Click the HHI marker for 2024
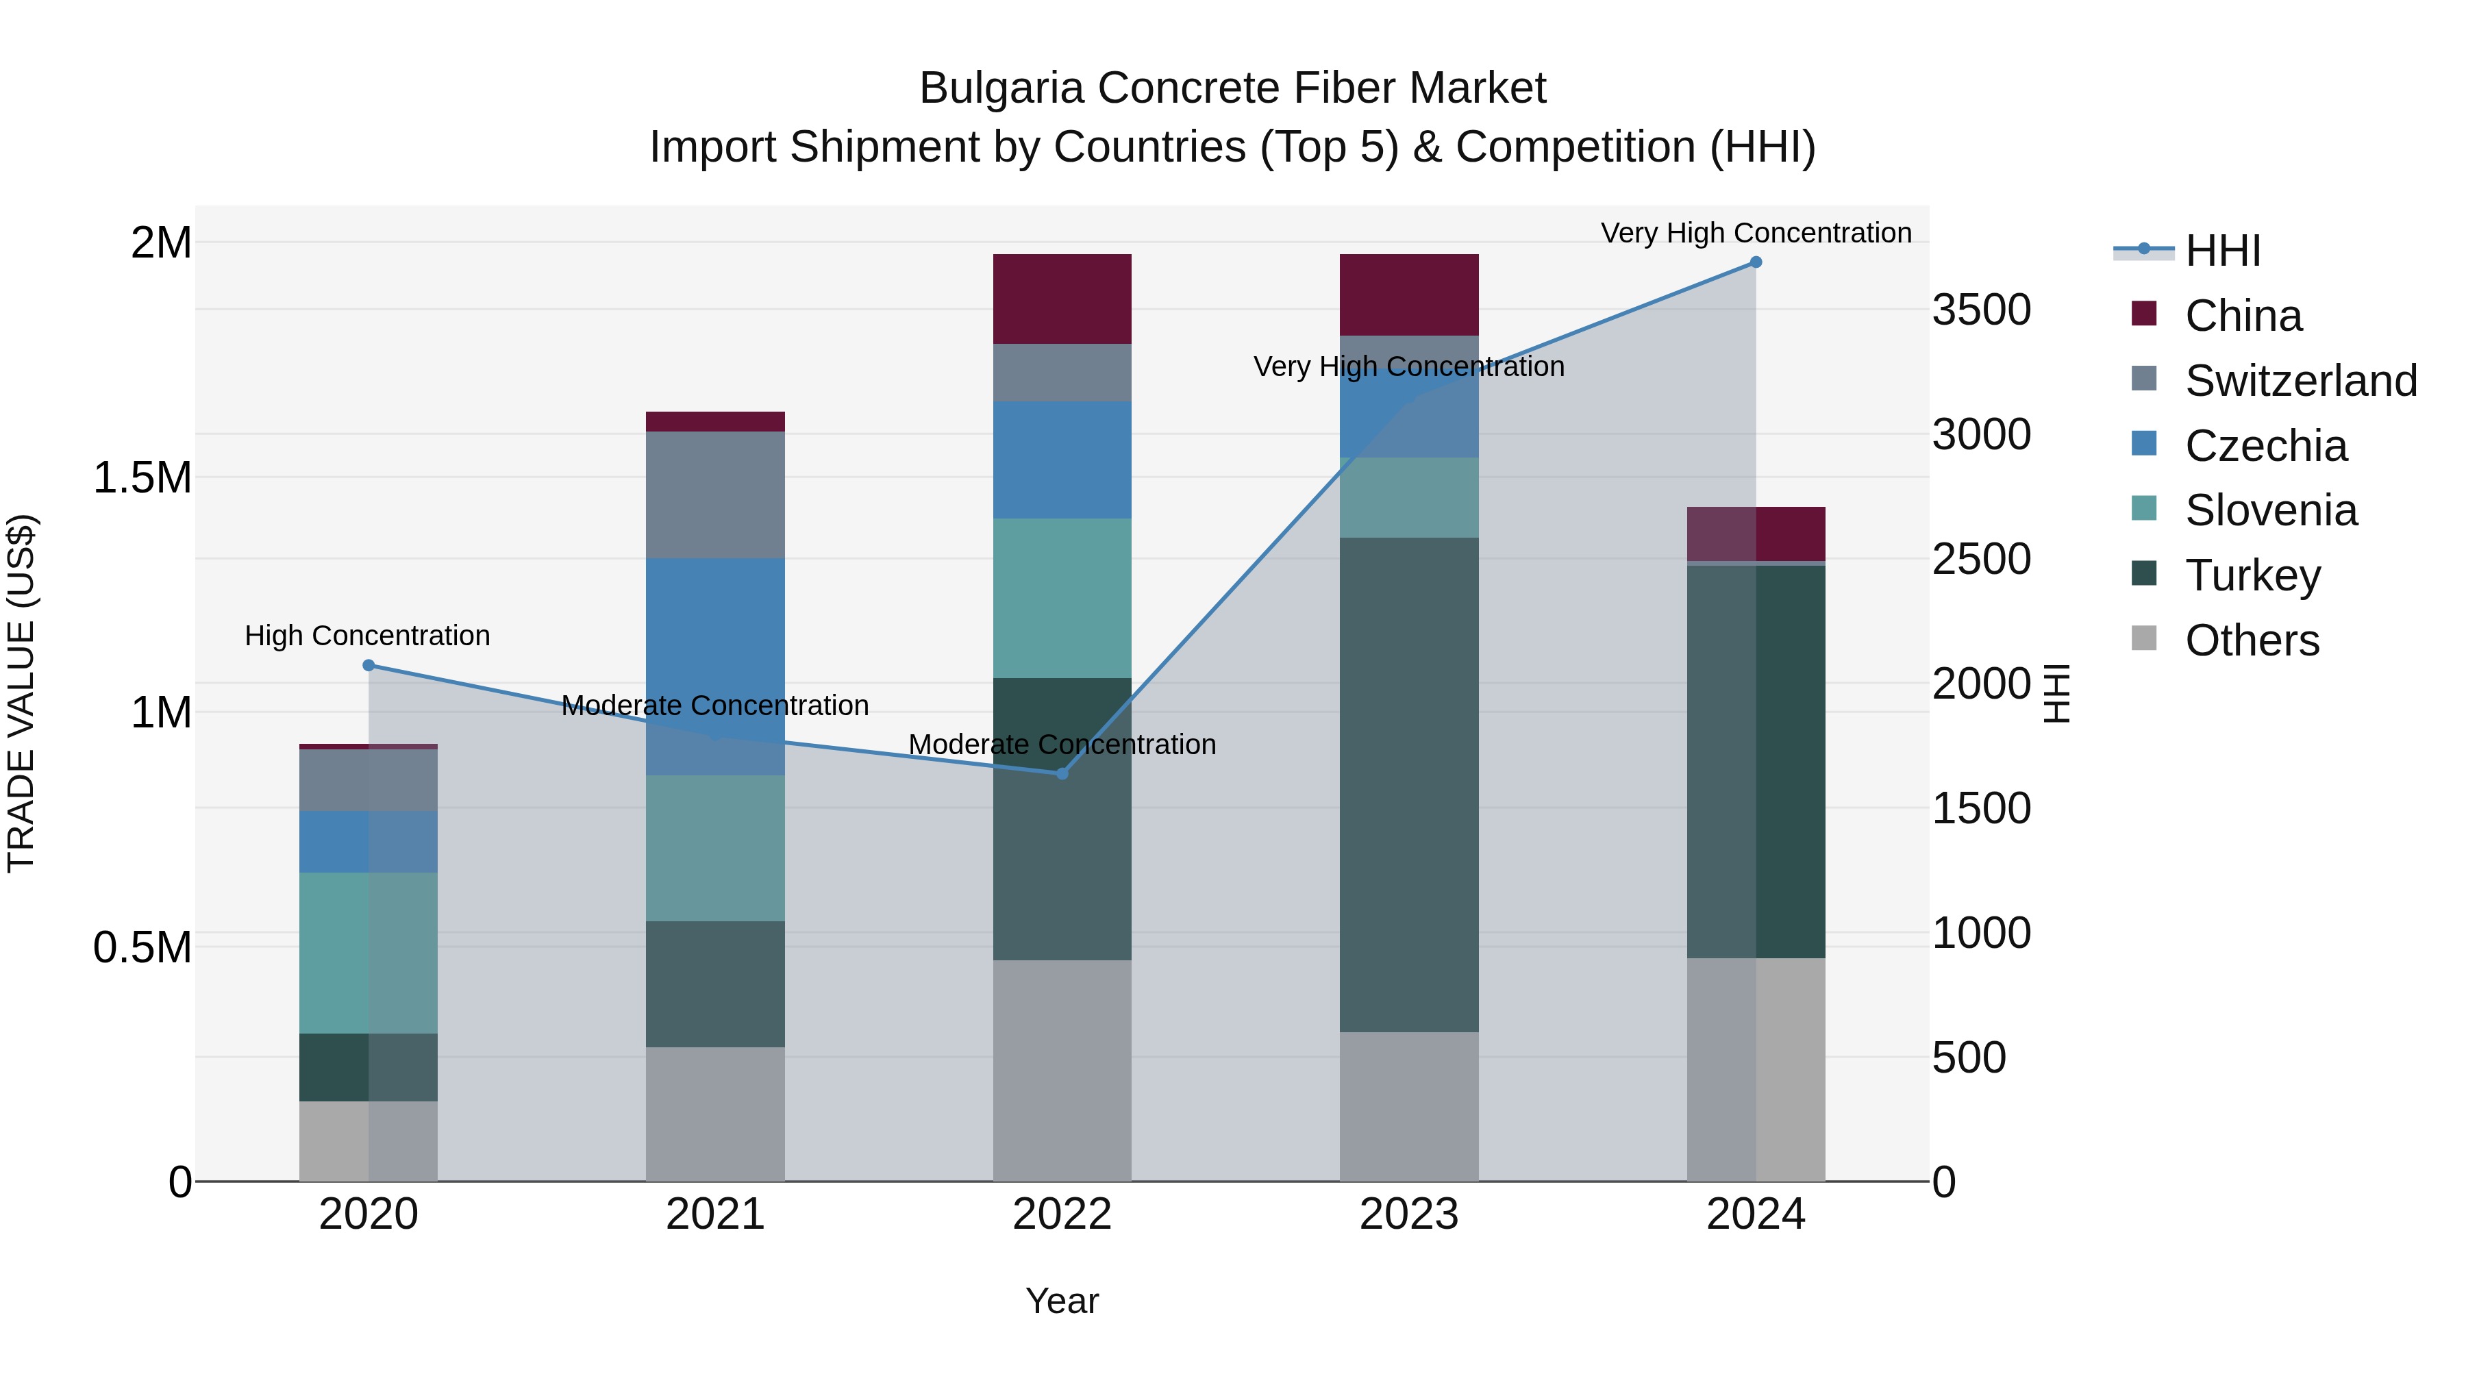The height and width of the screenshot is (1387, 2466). pos(1756,262)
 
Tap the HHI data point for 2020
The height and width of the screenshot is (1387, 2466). pos(369,665)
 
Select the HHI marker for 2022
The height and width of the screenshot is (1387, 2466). pos(1062,773)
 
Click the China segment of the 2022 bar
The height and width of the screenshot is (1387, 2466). pos(1062,299)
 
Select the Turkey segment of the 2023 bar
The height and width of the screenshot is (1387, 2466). pos(1408,785)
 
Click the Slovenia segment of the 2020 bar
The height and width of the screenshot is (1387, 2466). pos(369,953)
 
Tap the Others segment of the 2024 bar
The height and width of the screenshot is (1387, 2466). pos(1756,1069)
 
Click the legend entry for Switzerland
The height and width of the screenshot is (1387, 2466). pos(2300,381)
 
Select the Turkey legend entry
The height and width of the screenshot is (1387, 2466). pos(2252,575)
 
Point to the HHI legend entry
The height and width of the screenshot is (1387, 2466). pos(2222,251)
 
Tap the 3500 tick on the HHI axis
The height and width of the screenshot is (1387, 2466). pos(1980,310)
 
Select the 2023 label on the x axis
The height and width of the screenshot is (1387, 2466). pos(1408,1214)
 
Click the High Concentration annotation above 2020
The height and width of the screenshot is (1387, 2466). pos(368,636)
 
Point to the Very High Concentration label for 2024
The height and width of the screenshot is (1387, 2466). pos(1756,233)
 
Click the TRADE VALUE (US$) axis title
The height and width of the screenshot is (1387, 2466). pos(21,693)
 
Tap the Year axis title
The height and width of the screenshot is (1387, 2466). pos(1062,1301)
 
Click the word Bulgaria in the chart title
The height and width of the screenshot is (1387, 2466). pos(1001,88)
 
